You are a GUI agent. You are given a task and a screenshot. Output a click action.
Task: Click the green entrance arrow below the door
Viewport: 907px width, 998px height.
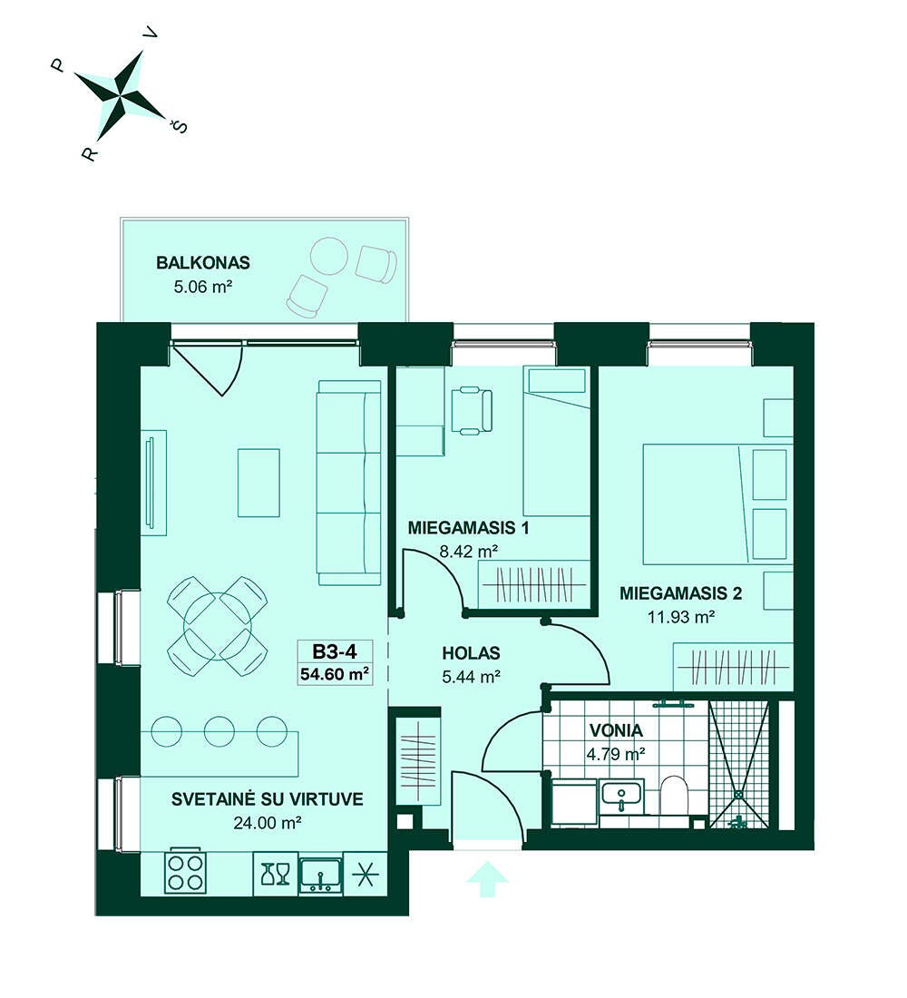[488, 879]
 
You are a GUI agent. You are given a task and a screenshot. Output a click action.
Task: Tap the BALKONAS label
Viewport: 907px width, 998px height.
[203, 262]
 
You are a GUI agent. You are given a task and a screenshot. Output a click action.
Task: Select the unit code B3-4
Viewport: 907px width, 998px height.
[334, 651]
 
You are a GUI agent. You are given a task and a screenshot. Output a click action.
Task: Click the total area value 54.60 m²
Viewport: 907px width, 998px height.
[335, 673]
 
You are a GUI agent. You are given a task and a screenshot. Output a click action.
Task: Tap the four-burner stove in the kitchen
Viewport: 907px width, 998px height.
[185, 872]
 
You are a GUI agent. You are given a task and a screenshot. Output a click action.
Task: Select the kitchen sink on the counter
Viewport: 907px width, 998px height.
[321, 874]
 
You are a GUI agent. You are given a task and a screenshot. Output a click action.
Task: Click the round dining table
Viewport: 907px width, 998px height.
[218, 626]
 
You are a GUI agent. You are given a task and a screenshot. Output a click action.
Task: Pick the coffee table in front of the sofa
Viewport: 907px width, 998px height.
[258, 483]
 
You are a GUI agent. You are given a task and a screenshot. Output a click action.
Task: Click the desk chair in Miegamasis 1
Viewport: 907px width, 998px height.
[472, 410]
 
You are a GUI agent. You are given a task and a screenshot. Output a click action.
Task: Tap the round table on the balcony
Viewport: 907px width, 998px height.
[329, 256]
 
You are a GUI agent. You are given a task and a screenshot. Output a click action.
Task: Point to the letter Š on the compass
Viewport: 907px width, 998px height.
[181, 126]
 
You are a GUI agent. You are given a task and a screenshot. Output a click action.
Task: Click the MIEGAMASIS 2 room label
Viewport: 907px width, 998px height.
[680, 594]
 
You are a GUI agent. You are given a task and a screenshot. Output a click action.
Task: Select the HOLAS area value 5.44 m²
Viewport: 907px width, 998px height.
[471, 677]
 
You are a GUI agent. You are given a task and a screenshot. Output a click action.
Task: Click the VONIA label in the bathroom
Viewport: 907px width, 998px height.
[616, 730]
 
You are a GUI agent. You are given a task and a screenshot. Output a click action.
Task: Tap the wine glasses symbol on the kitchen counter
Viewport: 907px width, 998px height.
[276, 874]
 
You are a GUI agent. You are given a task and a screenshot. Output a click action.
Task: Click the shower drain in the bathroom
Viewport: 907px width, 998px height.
[738, 795]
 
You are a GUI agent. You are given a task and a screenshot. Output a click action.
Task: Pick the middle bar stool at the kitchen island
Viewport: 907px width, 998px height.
[219, 731]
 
